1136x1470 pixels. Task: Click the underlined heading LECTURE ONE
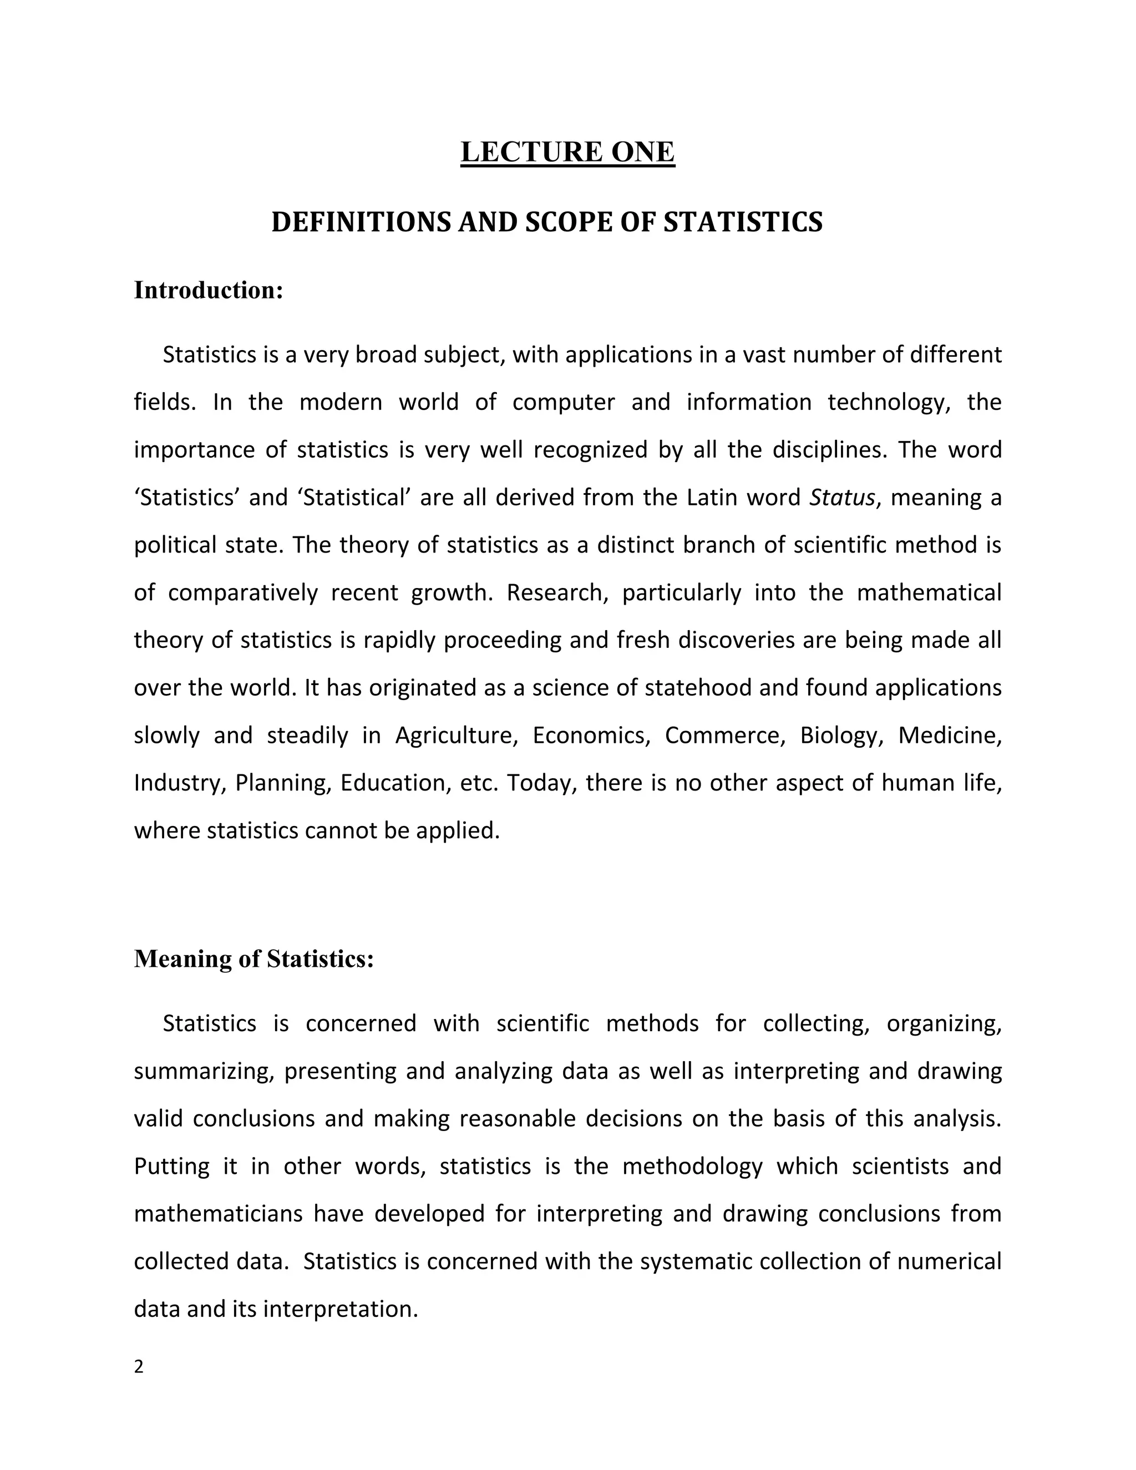(x=567, y=152)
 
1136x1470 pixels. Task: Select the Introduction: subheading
(x=209, y=291)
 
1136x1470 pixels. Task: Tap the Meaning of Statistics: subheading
(x=253, y=959)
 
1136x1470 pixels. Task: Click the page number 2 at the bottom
(x=139, y=1366)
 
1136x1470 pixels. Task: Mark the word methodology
(x=692, y=1166)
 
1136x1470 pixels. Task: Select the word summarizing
(x=203, y=1071)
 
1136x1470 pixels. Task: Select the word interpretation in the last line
(x=341, y=1309)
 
